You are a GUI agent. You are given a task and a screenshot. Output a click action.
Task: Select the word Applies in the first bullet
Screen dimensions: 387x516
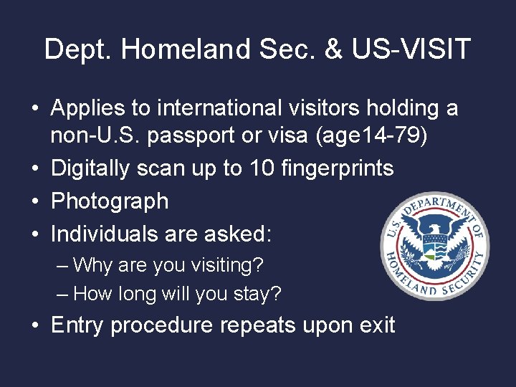point(90,108)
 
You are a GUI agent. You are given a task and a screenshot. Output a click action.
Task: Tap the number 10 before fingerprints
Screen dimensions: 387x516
point(259,168)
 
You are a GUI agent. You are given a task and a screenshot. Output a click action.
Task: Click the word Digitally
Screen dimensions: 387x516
point(94,168)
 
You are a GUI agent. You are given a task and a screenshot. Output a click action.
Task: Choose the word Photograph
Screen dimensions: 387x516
point(110,201)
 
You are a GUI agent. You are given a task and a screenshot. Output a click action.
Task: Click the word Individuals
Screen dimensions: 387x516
point(107,234)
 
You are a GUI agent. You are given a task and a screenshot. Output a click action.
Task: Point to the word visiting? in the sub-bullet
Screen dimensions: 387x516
point(223,265)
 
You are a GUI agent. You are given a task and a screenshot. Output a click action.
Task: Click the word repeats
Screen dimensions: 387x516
point(259,325)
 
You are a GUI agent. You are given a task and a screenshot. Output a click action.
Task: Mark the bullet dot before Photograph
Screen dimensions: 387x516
point(35,201)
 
